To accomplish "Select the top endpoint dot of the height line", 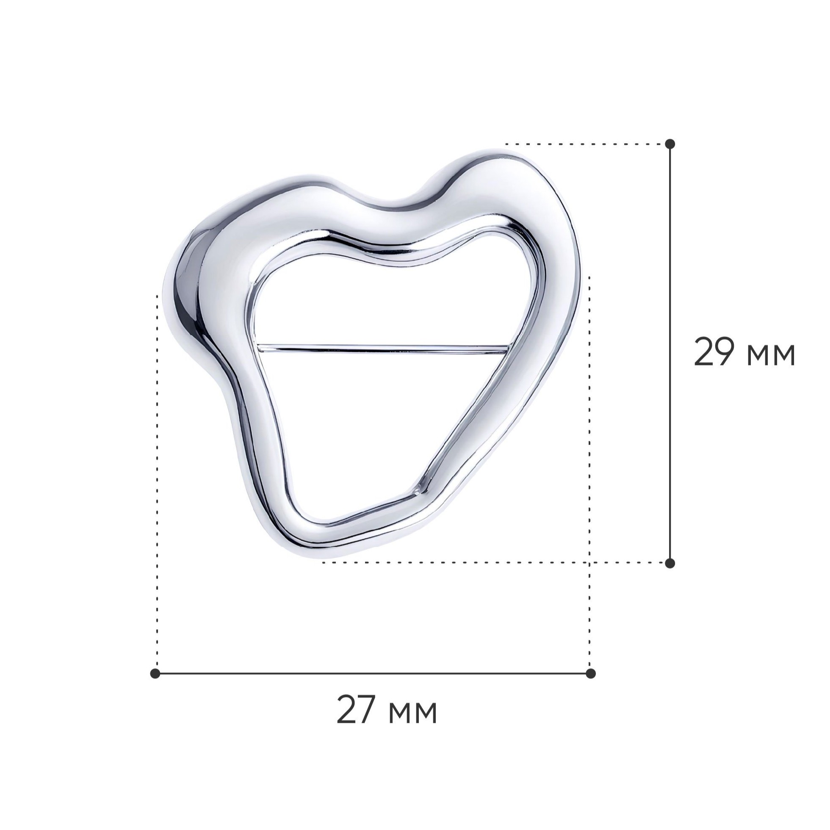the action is (670, 144).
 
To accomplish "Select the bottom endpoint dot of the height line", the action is (670, 563).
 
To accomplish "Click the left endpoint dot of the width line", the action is (155, 673).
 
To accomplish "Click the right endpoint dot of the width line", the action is (591, 673).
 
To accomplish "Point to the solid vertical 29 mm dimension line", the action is (670, 353).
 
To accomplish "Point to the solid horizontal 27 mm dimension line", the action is (373, 673).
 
